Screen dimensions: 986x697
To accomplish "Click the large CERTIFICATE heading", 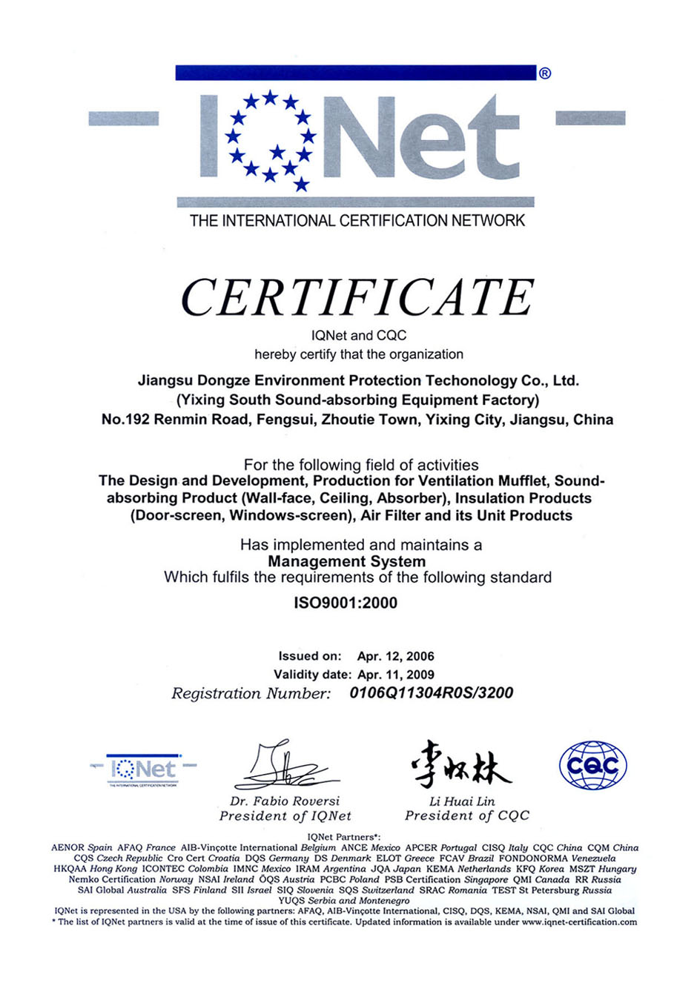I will [357, 298].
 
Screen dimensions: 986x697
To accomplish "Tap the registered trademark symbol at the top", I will [545, 73].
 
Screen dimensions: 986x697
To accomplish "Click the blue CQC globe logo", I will [592, 765].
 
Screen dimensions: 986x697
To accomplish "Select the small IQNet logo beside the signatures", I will [144, 770].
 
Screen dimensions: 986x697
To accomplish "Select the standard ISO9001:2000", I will [346, 603].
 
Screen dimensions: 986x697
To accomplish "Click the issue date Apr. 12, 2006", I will [395, 656].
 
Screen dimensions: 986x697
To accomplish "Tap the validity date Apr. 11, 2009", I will [395, 675].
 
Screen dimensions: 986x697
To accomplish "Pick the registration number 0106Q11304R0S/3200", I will [431, 693].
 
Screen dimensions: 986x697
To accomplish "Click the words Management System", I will [346, 561].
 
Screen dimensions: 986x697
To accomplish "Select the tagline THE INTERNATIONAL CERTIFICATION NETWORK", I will [357, 220].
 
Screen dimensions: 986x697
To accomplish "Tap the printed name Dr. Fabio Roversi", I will [285, 801].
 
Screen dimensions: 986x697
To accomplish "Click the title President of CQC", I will [467, 815].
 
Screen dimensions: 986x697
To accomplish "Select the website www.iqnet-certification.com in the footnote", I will [579, 922].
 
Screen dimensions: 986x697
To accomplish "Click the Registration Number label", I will [251, 694].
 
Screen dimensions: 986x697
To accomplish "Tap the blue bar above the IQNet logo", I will [356, 73].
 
